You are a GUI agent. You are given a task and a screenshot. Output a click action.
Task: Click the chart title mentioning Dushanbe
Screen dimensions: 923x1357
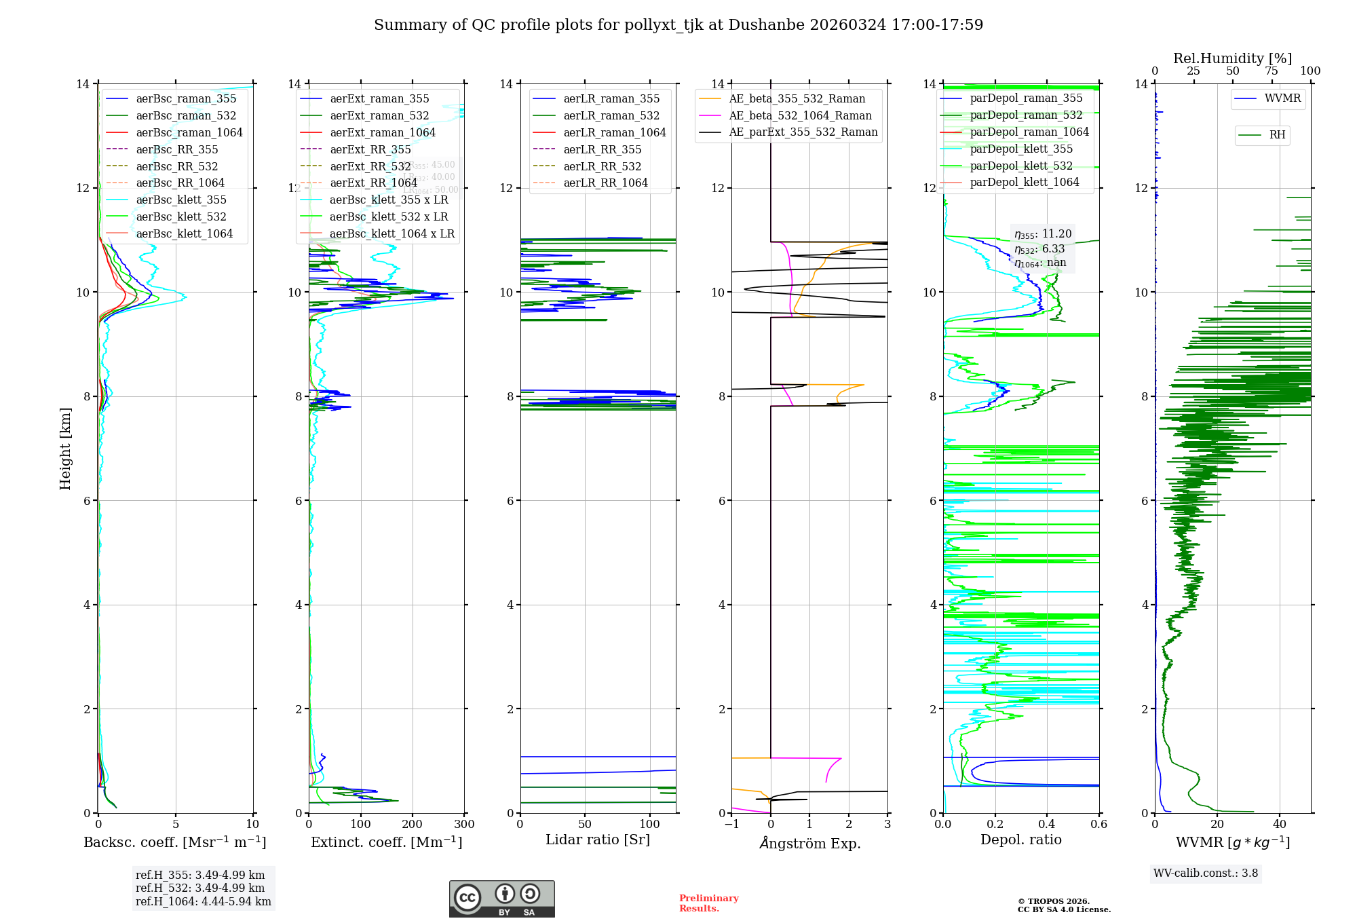pos(678,25)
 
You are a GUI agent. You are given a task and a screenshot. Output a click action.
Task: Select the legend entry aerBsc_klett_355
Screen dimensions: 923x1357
pos(180,200)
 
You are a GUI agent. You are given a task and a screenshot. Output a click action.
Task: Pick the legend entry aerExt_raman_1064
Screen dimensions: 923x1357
pos(382,132)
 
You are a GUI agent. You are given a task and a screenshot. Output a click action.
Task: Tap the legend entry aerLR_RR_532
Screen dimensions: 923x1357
pos(602,166)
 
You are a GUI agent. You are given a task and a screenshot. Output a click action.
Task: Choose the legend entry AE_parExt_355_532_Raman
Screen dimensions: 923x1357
pos(803,132)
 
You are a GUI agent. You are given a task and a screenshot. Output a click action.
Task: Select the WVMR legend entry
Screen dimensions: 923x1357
pos(1282,98)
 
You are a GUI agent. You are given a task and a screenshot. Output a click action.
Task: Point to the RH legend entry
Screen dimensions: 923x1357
pos(1276,135)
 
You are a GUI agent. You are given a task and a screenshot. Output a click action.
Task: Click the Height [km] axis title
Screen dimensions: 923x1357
pos(65,448)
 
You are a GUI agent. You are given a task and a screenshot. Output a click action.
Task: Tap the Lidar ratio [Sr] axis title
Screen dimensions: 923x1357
pos(598,840)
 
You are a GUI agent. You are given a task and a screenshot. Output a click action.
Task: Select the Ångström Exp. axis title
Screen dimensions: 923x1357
pos(809,844)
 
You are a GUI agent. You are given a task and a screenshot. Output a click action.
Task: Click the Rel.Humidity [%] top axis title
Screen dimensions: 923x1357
pos(1232,58)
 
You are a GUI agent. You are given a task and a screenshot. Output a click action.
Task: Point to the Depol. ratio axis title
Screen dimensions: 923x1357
pos(1020,840)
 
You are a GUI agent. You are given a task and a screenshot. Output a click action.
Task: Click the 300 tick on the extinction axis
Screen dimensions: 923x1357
pos(465,825)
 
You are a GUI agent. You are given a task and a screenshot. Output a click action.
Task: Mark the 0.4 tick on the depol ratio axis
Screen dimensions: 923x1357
pos(1047,825)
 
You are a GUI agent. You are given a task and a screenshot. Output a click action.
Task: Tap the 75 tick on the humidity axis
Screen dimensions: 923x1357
pos(1272,71)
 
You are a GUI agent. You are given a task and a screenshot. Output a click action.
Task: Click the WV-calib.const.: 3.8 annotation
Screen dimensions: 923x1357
pos(1206,873)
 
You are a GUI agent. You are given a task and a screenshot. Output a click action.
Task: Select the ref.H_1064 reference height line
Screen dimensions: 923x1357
pos(203,902)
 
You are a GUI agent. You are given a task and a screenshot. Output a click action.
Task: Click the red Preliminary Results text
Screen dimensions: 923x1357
pos(708,903)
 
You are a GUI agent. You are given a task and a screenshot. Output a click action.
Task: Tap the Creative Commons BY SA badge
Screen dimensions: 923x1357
pos(501,899)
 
